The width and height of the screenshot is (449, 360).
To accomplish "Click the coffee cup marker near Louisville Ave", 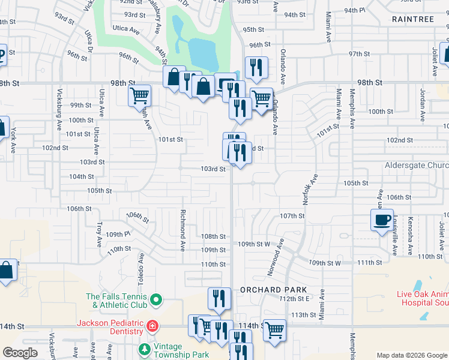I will tap(382, 221).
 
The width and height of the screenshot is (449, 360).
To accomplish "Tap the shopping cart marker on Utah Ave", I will tap(139, 95).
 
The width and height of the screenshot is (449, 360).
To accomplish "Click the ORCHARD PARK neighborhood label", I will tap(265, 289).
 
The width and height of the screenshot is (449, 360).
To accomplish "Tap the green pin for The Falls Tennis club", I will tap(156, 299).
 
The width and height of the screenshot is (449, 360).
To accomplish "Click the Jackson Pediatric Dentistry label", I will tap(110, 327).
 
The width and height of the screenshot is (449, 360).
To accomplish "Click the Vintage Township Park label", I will tap(182, 350).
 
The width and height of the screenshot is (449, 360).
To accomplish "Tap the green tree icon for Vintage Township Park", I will tap(144, 349).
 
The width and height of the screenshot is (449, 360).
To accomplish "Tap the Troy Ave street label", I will tap(99, 233).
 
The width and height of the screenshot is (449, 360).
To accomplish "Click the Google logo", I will tap(20, 353).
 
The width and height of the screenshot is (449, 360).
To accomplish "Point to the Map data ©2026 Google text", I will tap(411, 355).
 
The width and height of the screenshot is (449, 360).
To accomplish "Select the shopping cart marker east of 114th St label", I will tap(274, 329).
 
